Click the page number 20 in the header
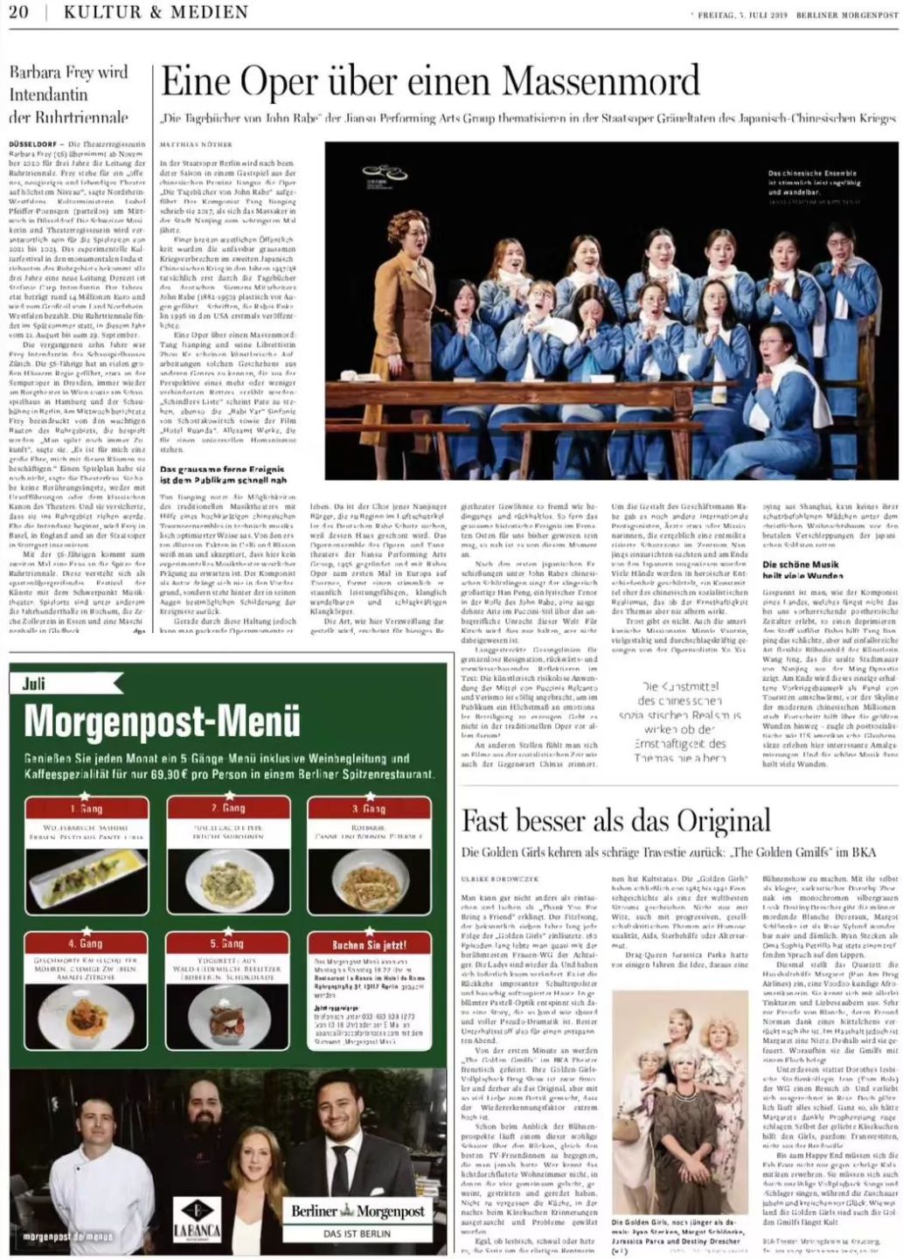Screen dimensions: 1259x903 pos(18,12)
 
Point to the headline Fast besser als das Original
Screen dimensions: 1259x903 pos(615,821)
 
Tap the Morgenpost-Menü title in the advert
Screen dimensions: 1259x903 pos(162,722)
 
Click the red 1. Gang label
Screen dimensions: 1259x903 pos(87,809)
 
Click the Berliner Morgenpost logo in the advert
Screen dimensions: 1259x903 pos(358,1212)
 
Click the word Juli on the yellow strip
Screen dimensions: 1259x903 pos(33,684)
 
